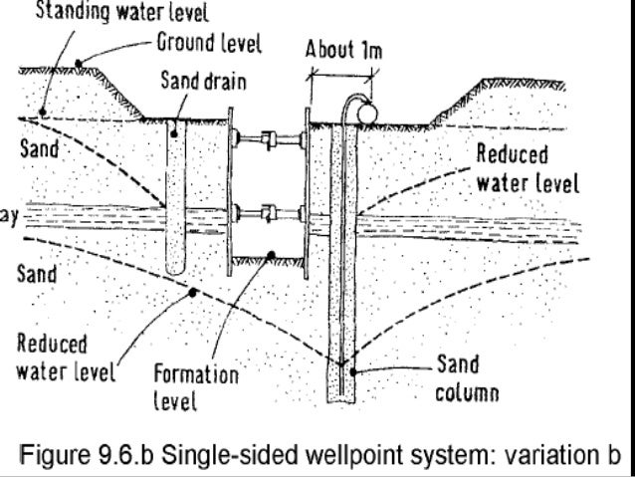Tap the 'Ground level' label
tap(210, 43)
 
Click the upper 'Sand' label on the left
tap(39, 150)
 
